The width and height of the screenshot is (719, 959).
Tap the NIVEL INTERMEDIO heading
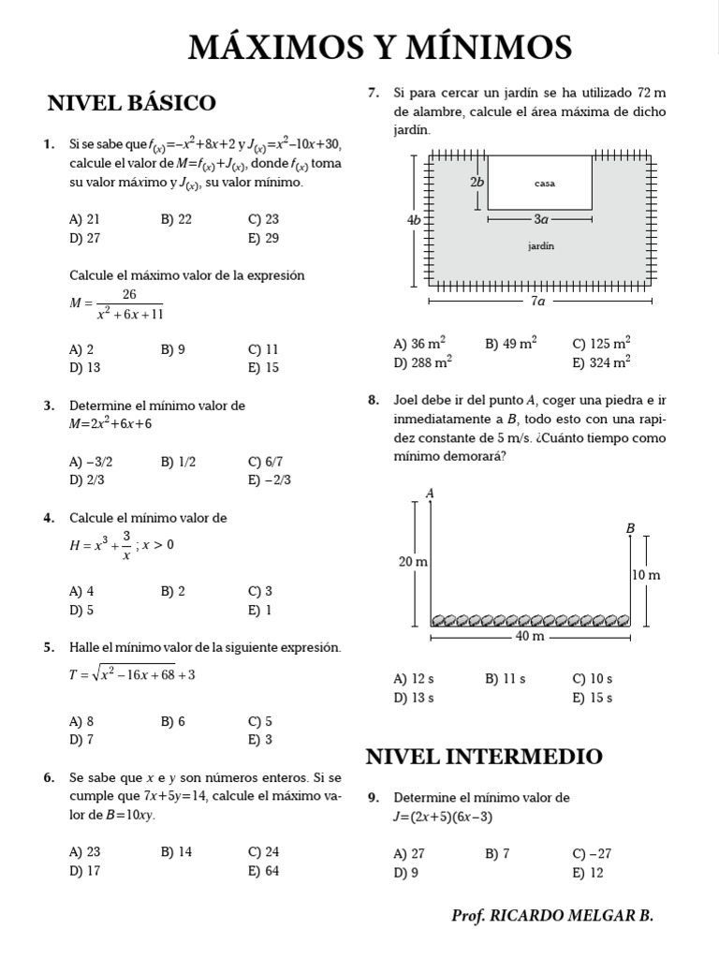(484, 756)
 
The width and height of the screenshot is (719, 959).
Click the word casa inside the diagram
(544, 184)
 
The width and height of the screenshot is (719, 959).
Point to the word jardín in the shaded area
(541, 246)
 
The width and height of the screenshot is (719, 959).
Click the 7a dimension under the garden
(537, 302)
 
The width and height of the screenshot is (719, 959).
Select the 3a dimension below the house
(541, 219)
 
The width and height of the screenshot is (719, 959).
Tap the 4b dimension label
(415, 219)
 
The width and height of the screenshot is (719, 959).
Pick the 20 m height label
(413, 562)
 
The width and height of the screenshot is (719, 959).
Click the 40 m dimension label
(531, 638)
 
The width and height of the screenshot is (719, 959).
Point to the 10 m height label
(646, 575)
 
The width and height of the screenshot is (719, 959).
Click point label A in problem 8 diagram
(430, 493)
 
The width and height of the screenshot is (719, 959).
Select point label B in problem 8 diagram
(631, 528)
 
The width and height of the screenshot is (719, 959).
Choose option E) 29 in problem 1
(264, 238)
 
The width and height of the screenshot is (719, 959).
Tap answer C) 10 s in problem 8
(593, 679)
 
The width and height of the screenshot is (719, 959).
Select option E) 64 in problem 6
(264, 871)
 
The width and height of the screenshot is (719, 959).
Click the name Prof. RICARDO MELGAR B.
(551, 915)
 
